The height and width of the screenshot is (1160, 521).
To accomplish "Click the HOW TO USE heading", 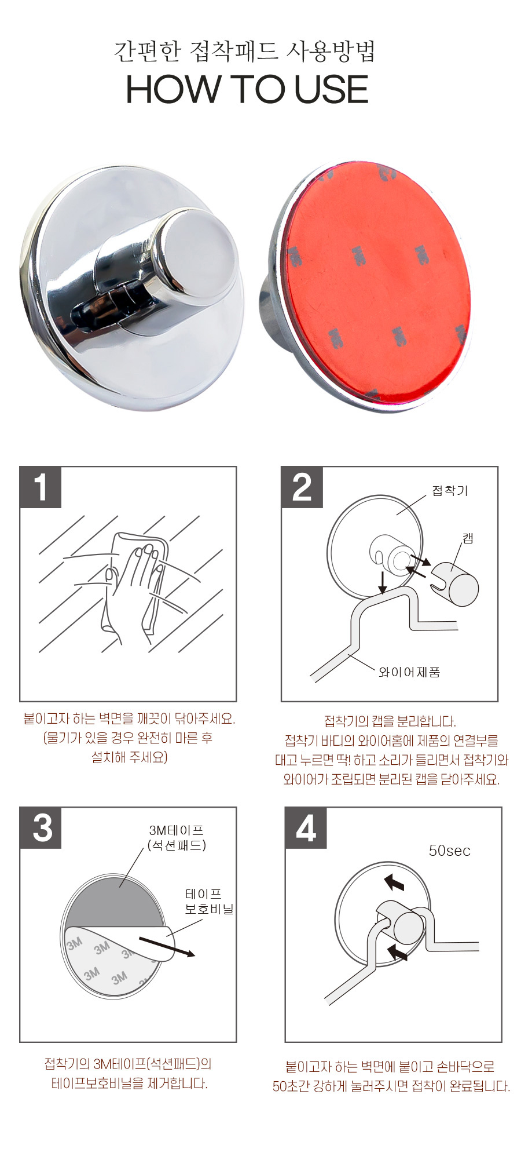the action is (247, 89).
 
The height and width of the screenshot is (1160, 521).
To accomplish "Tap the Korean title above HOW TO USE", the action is (245, 51).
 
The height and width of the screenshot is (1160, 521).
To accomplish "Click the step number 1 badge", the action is (41, 487).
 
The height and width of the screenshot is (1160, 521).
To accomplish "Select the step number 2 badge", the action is (302, 487).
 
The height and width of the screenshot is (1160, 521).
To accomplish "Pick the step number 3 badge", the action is (41, 828).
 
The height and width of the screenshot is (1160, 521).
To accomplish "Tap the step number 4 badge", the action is (306, 828).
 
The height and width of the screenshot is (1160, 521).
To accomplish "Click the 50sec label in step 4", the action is (449, 851).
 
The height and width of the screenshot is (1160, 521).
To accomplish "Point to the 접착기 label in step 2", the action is (450, 491).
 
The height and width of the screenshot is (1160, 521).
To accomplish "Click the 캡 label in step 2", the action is (468, 538).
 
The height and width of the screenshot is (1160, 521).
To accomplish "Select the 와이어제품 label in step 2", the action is (409, 672).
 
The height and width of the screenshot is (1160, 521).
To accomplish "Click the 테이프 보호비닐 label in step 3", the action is (209, 902).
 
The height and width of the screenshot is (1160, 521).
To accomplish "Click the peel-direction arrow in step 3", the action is (167, 944).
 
